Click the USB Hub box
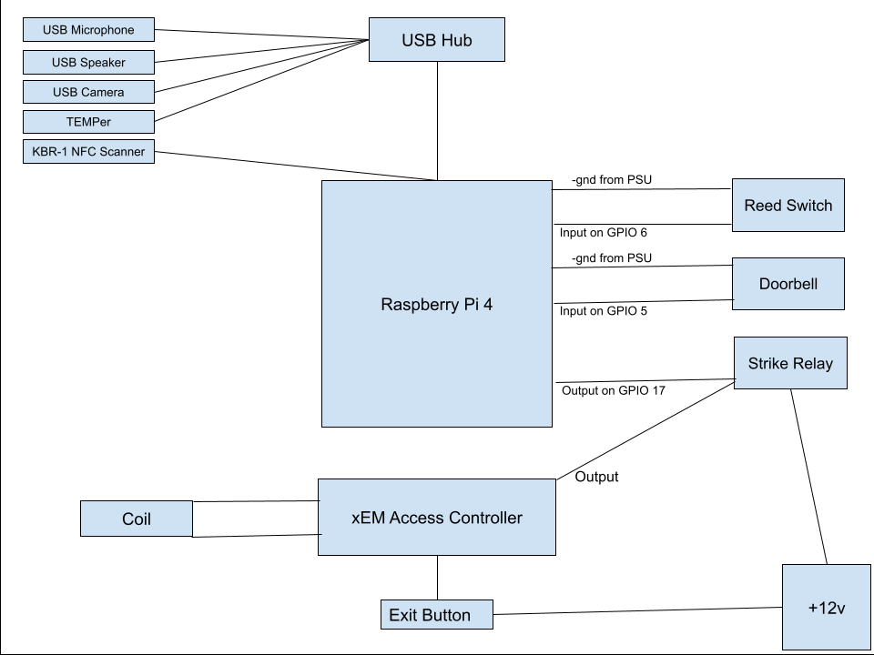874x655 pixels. point(436,40)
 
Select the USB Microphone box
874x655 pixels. point(88,30)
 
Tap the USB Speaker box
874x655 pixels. point(88,62)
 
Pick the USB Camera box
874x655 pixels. point(88,92)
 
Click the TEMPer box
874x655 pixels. point(88,121)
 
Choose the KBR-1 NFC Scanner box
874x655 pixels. point(88,151)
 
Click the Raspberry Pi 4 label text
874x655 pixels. point(436,305)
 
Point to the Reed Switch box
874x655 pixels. point(788,206)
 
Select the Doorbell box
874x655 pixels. point(788,284)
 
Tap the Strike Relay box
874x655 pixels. point(789,363)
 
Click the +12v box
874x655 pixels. point(827,607)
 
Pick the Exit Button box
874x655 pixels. point(436,615)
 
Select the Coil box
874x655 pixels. point(137,519)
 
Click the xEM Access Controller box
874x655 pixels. point(436,518)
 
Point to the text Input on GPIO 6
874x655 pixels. point(603,233)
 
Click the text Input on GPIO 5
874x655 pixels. point(603,310)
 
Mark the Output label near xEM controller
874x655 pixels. point(596,476)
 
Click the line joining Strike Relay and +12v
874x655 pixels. point(808,478)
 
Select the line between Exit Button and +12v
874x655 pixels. point(637,610)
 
